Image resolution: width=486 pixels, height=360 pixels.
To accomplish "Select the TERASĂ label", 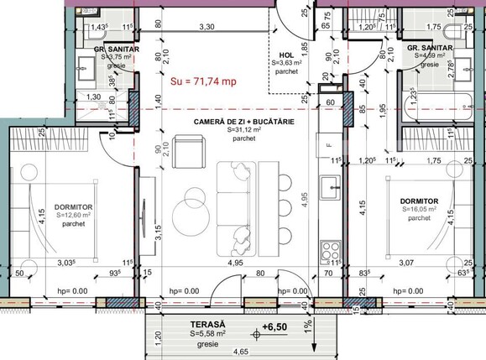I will pos(183,322).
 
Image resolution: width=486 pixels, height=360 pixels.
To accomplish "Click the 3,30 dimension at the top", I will pos(206,28).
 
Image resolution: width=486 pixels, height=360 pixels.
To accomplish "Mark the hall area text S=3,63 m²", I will pos(287,62).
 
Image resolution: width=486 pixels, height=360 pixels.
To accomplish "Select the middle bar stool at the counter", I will pos(283,205).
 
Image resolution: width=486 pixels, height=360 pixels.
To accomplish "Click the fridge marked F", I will pos(330,145).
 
